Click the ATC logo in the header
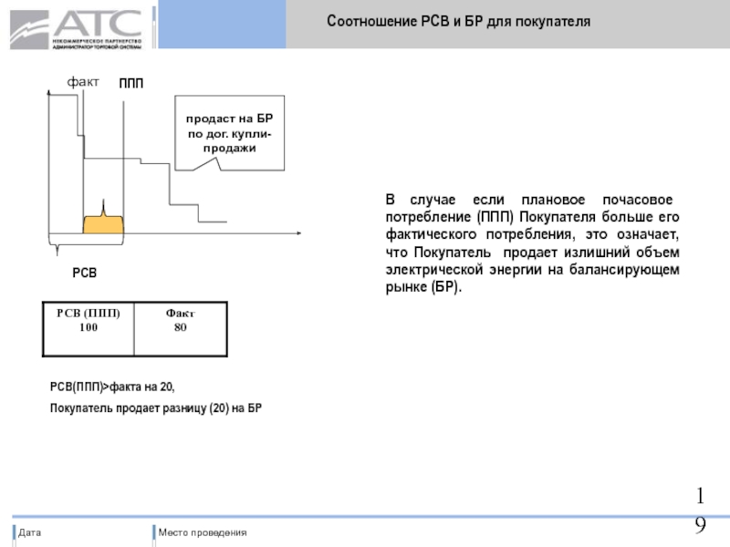(77, 27)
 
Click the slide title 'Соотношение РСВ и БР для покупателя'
(458, 20)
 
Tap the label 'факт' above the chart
(83, 82)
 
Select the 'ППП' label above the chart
(131, 84)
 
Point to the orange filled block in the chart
(103, 225)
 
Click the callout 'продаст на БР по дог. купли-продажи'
(230, 134)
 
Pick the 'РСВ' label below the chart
(85, 273)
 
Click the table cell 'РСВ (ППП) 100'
(89, 320)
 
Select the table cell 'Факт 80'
(181, 320)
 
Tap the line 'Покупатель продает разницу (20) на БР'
(155, 408)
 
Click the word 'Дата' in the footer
(30, 532)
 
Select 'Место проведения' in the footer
(202, 532)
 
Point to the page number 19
(700, 511)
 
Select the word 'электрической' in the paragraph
(433, 270)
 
